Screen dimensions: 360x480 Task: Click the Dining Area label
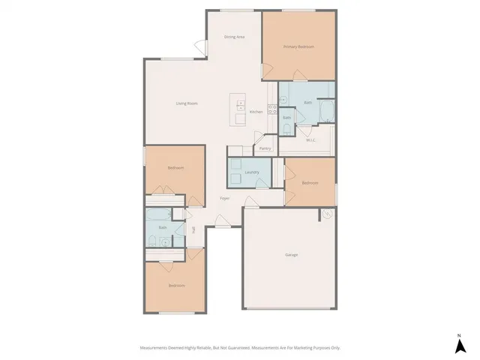coord(235,37)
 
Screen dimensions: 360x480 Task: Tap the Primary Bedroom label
coord(298,46)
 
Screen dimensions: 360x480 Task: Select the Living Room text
coord(186,103)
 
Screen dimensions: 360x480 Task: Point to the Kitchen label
coord(256,112)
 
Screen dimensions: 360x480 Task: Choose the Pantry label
coord(265,148)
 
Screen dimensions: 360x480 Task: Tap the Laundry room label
coord(252,172)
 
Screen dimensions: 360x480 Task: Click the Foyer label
coord(224,198)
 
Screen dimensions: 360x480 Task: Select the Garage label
coord(291,255)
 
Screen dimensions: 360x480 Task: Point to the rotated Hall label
coord(193,229)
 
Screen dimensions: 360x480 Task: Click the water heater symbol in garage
coord(328,214)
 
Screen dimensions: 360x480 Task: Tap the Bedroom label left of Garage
coord(310,183)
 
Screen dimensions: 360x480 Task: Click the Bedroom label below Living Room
coord(175,168)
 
